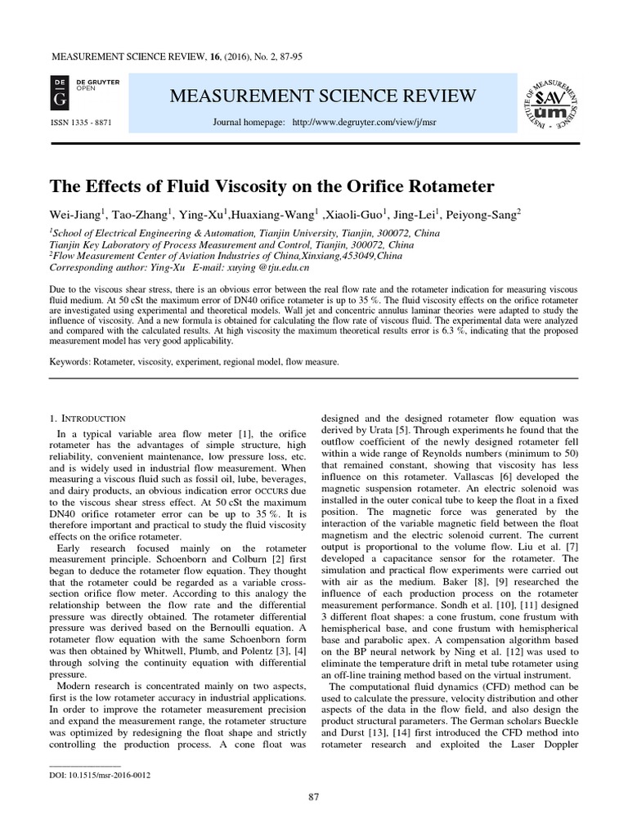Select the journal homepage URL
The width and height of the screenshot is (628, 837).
pos(348,122)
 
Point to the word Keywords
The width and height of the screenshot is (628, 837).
pos(70,361)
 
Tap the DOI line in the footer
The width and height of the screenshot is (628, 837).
pos(101,775)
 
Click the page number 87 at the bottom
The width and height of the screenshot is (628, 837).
pos(314,797)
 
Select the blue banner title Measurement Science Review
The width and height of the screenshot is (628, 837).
pos(322,96)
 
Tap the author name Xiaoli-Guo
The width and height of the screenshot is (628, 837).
pos(354,215)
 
